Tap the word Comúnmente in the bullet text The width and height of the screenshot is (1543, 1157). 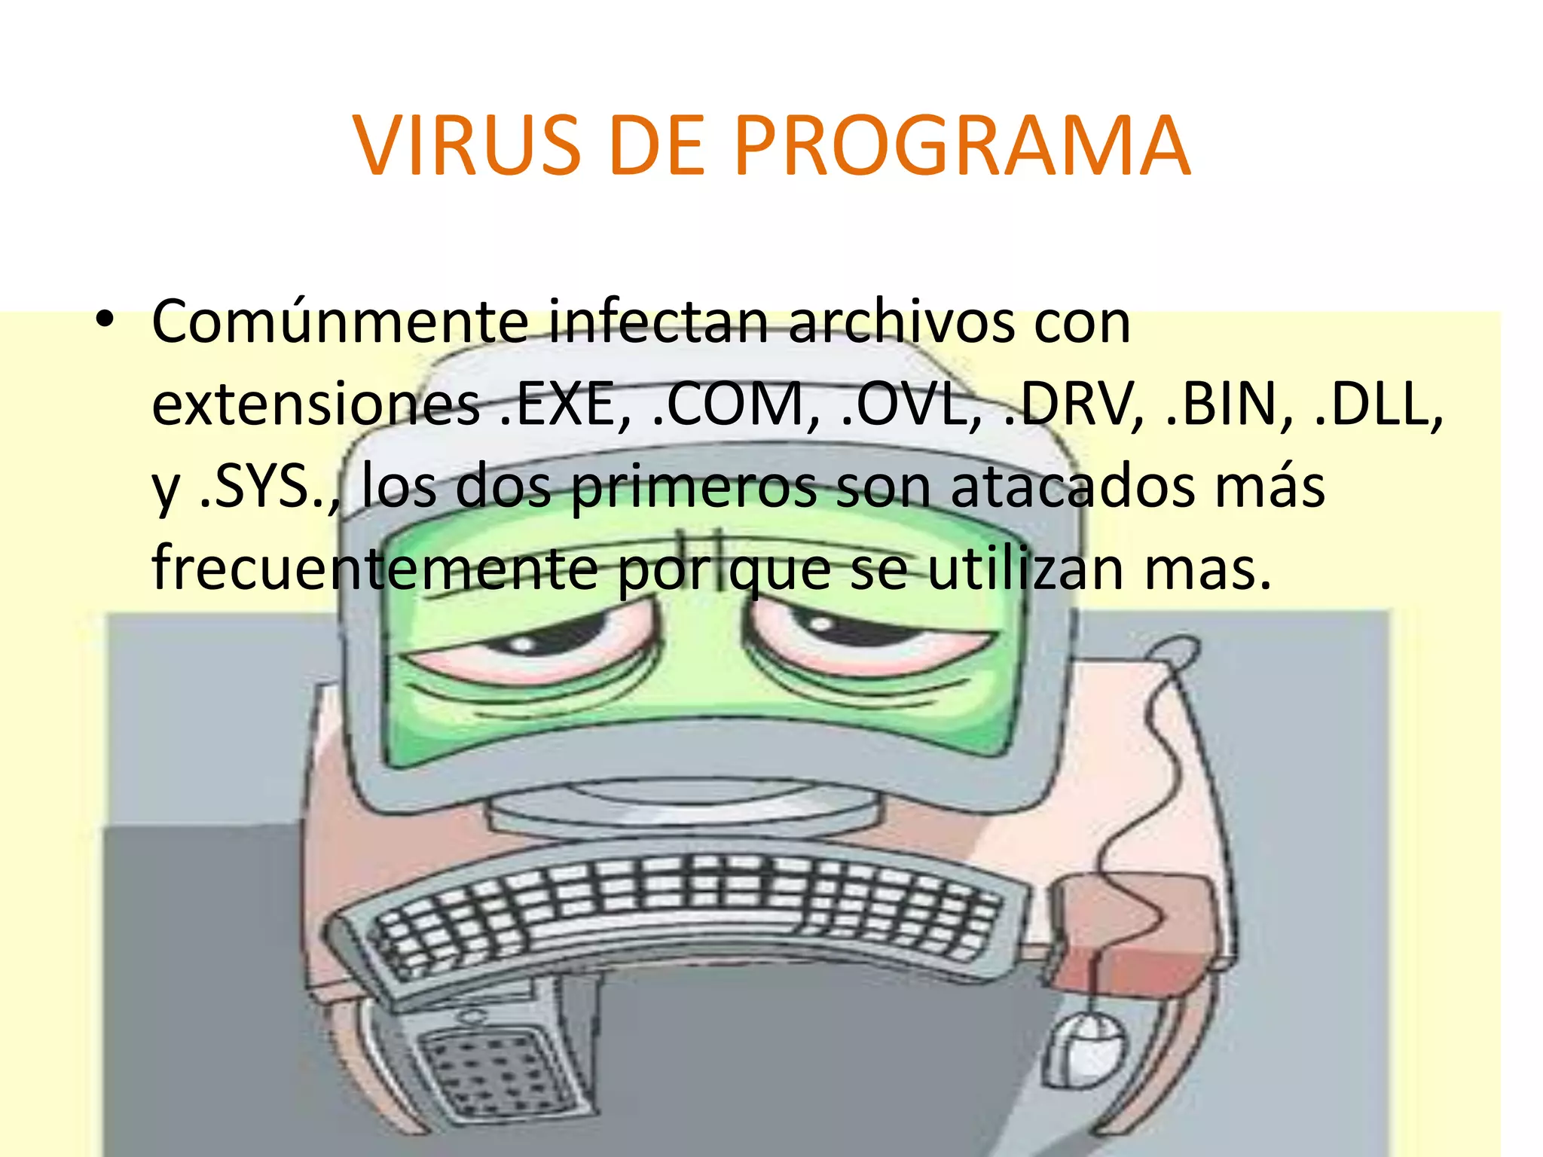(340, 322)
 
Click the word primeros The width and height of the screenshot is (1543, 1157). (693, 487)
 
